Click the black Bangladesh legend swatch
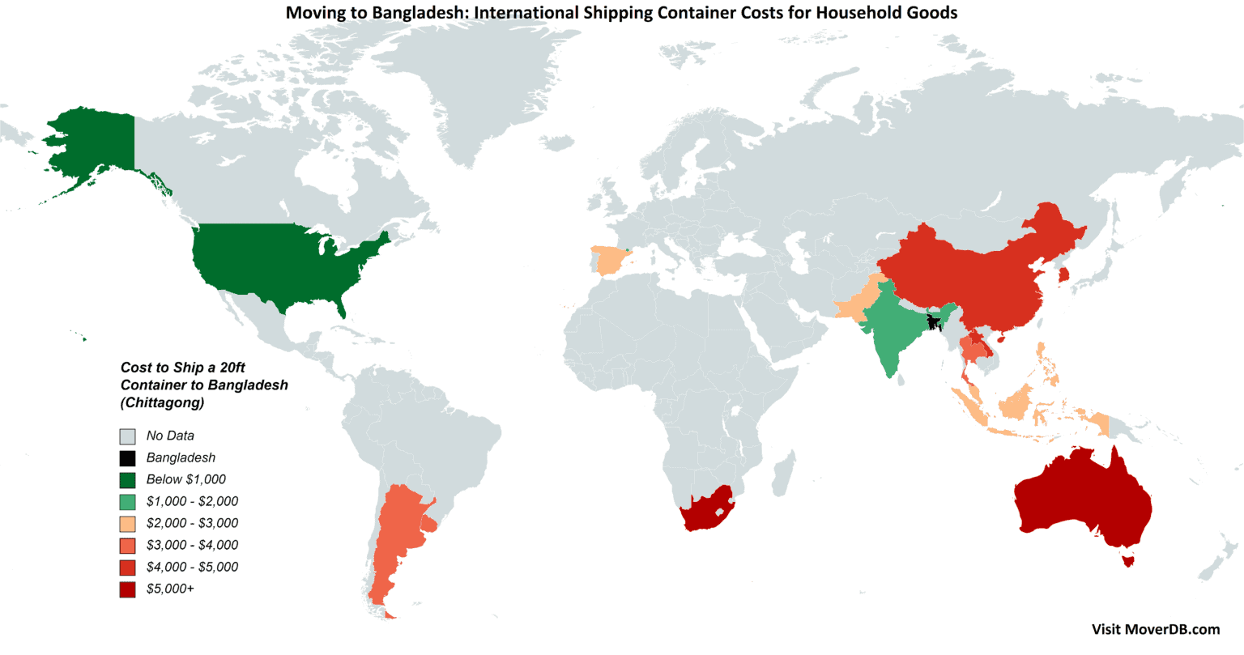(127, 458)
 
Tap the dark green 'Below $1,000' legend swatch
(127, 480)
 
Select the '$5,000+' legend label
(170, 589)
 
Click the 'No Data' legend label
(170, 436)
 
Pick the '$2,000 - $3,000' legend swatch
(127, 524)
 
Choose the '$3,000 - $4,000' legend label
(192, 546)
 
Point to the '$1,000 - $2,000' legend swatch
(127, 502)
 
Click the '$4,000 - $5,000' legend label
(192, 568)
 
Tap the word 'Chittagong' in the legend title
(162, 402)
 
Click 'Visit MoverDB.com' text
(1155, 629)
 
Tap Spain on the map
(608, 262)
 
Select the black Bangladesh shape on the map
(935, 321)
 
